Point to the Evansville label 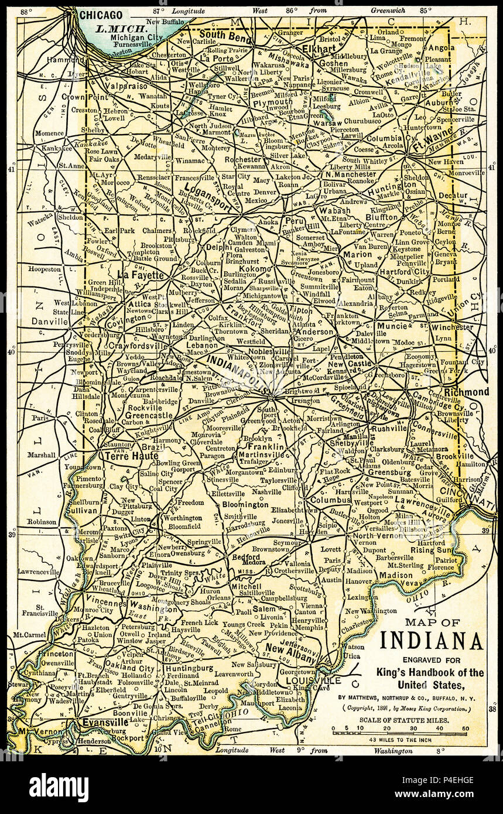105,723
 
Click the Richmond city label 466,392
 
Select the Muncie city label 392,326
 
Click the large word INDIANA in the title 431,641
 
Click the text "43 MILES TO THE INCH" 401,739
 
